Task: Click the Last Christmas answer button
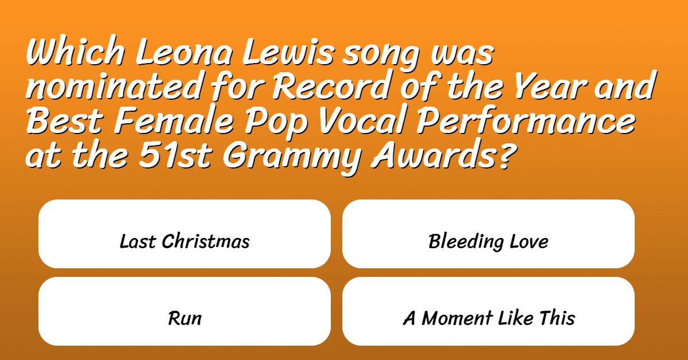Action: point(185,234)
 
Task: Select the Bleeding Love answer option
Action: point(488,234)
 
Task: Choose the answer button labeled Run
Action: point(185,311)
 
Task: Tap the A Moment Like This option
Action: point(488,311)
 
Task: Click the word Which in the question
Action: point(76,50)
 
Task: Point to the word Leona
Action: point(183,52)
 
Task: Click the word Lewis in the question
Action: point(288,52)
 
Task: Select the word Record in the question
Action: point(333,85)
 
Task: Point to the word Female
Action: point(174,120)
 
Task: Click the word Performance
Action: point(526,120)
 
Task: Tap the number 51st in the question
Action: point(175,154)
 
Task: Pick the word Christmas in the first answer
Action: point(206,241)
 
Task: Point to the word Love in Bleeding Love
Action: point(529,241)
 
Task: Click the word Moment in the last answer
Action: point(458,318)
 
